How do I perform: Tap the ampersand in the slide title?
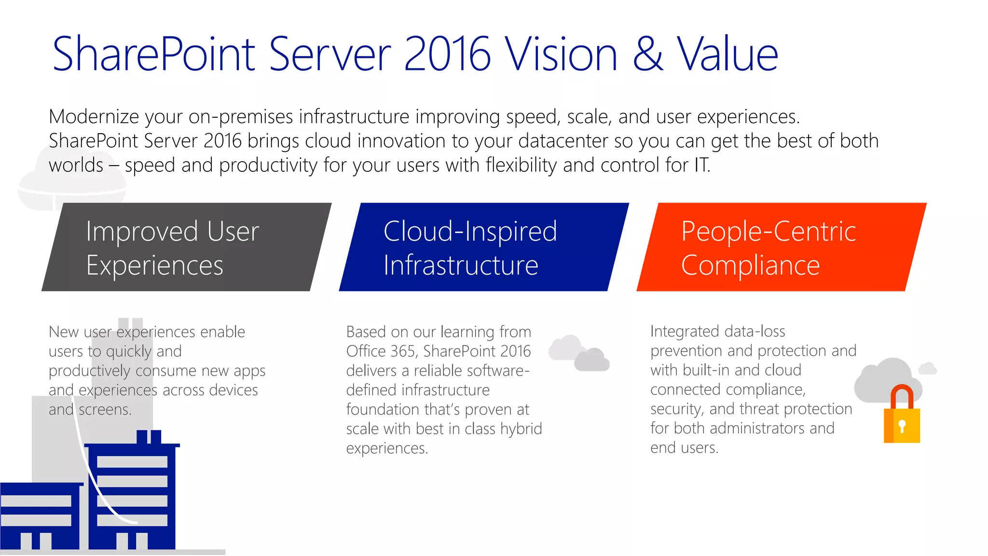[647, 54]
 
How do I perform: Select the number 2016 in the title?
[447, 54]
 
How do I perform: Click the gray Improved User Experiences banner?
[186, 247]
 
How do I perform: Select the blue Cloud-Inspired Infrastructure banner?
[483, 247]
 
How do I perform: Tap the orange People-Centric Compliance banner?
[781, 247]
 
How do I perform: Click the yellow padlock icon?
[902, 425]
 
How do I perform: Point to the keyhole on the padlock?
[902, 426]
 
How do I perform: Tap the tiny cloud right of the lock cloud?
[927, 369]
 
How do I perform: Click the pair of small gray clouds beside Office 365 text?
[578, 353]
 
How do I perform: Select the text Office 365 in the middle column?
[381, 351]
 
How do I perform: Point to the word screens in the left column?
[105, 410]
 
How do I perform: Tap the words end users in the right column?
[684, 448]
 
